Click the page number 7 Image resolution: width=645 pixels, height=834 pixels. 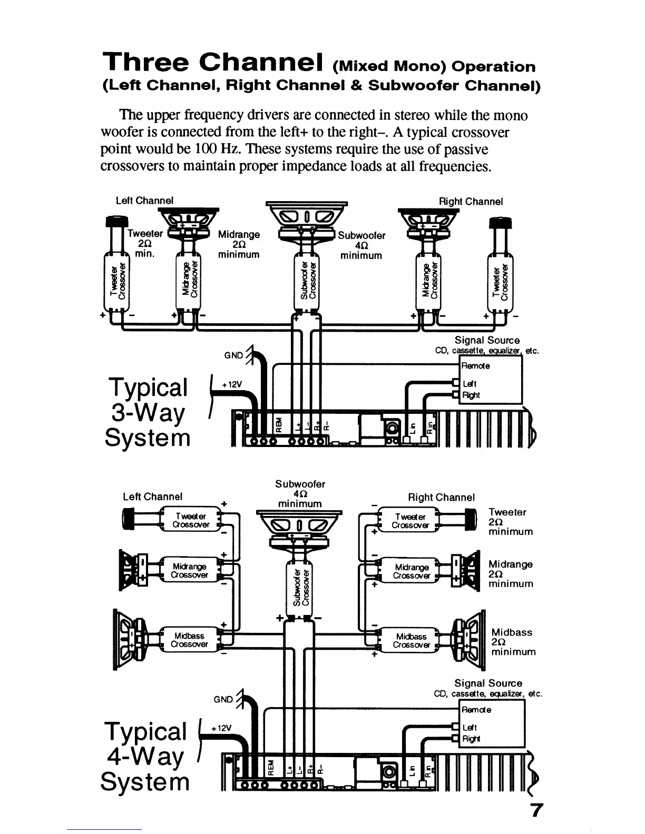pos(536,810)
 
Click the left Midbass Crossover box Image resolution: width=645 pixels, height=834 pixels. pos(190,640)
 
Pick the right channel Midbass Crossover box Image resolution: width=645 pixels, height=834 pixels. pos(411,640)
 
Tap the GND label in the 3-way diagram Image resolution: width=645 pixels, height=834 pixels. pos(233,355)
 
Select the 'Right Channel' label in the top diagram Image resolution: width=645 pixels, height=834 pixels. pos(471,202)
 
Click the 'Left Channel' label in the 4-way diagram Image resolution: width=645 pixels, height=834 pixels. pos(152,497)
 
